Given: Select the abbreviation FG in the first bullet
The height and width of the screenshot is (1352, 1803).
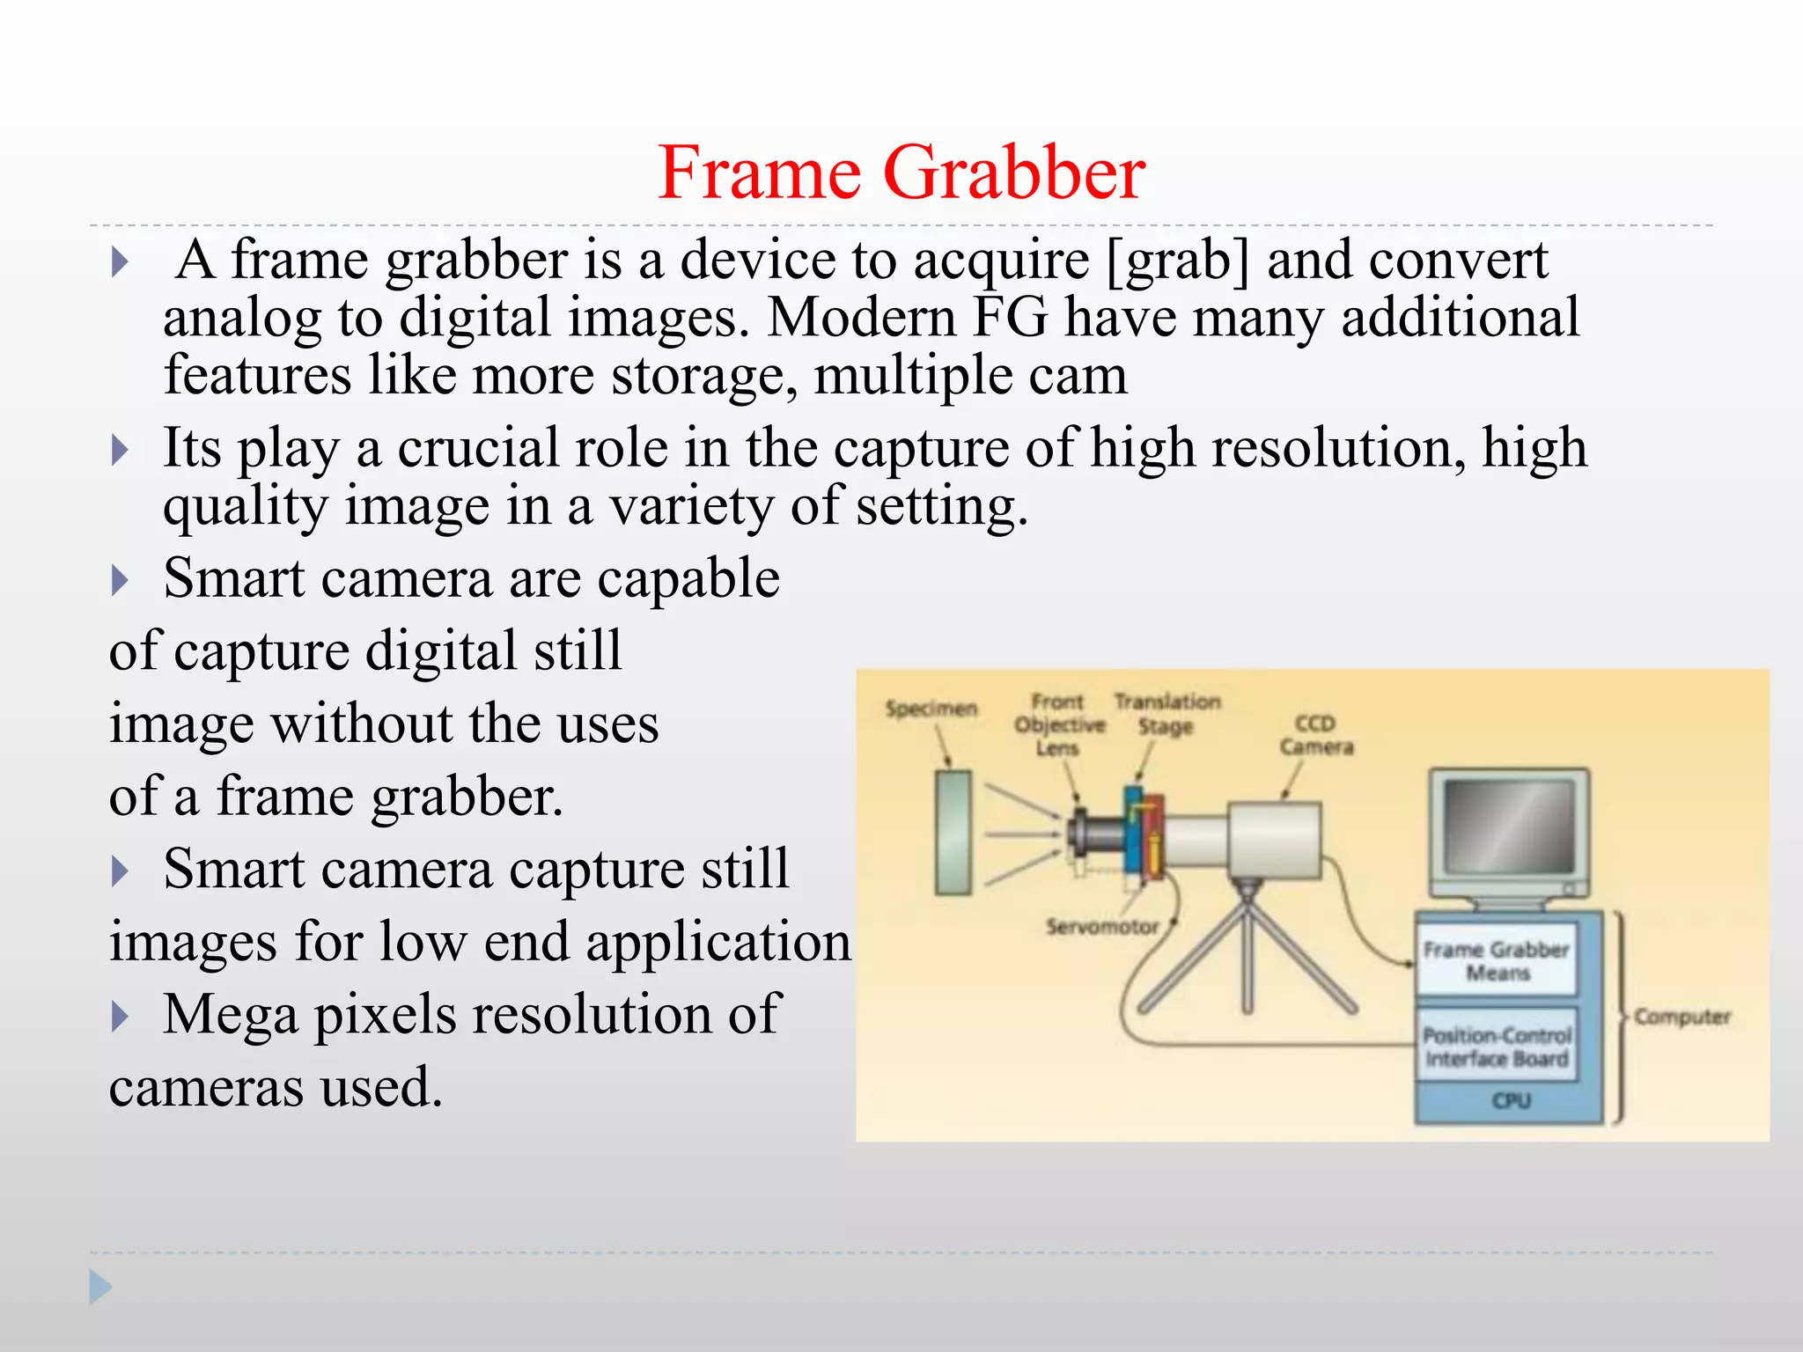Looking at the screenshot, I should click(x=1010, y=318).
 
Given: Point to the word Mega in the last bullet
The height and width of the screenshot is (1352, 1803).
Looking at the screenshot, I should click(x=230, y=1014).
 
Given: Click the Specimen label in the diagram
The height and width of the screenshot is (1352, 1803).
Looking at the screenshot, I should click(x=931, y=709).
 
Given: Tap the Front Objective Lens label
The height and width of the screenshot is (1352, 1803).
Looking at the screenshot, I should click(x=1058, y=724).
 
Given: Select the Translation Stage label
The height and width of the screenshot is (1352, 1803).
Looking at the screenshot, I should click(x=1166, y=714).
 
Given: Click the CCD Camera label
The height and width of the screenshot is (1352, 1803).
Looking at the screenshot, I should click(x=1315, y=735).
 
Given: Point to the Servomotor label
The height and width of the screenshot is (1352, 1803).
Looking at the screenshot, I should click(x=1101, y=927).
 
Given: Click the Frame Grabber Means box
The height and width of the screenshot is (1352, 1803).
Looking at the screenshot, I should click(x=1496, y=960).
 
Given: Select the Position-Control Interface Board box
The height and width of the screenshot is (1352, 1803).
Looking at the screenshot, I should click(x=1496, y=1047).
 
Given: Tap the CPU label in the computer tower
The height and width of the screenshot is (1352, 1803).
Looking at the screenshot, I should click(x=1511, y=1101).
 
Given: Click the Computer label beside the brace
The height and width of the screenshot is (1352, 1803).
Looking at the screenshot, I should click(x=1682, y=1017).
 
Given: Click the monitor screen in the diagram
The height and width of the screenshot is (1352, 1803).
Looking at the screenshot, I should click(x=1509, y=826).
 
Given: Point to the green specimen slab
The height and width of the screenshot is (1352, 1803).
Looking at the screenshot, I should click(x=953, y=832).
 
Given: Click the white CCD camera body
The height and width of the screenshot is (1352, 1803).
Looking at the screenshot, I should click(x=1275, y=840).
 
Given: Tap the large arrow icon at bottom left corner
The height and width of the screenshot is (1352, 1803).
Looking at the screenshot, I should click(x=100, y=1287).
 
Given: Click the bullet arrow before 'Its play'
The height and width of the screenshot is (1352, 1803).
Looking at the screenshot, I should click(x=121, y=450).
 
